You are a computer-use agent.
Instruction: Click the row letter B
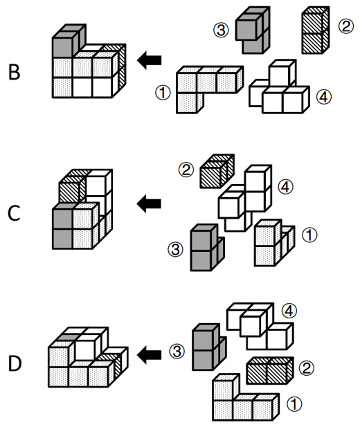tap(15, 72)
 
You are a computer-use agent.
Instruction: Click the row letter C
tap(14, 213)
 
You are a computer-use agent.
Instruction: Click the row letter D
tap(15, 364)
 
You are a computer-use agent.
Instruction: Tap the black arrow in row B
tap(149, 60)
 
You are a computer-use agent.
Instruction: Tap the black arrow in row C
tap(149, 203)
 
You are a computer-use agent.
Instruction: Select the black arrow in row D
tap(149, 354)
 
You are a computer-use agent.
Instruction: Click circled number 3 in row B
tap(221, 30)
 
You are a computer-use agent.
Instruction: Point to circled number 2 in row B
tap(346, 26)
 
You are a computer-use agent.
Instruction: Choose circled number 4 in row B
tap(324, 97)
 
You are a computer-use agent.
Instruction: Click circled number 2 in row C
tap(186, 170)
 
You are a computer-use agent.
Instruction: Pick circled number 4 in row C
tap(286, 187)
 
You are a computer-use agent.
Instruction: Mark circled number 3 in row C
tap(176, 249)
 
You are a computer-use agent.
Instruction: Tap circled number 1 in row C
tap(309, 235)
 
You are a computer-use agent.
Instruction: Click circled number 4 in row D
tap(289, 311)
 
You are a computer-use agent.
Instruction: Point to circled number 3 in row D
tap(177, 351)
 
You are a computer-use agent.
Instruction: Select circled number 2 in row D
tap(307, 368)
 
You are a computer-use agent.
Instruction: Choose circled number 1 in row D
tap(294, 404)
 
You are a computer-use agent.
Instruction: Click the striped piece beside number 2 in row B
tap(315, 30)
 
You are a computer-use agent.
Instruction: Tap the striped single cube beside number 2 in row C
tap(217, 171)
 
